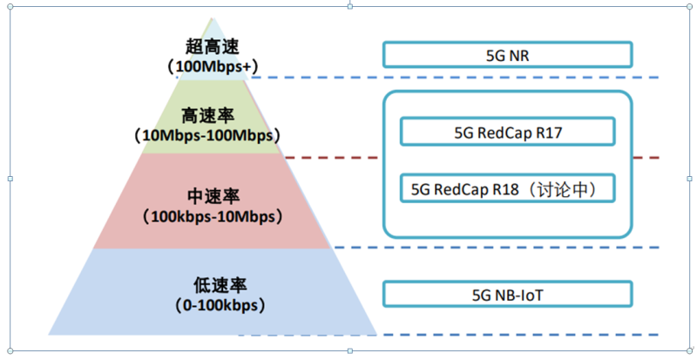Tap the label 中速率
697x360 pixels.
212,194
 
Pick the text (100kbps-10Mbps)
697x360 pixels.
212,214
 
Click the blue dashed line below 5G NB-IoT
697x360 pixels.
453,334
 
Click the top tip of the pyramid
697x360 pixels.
212,17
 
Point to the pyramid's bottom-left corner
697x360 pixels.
51,333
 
